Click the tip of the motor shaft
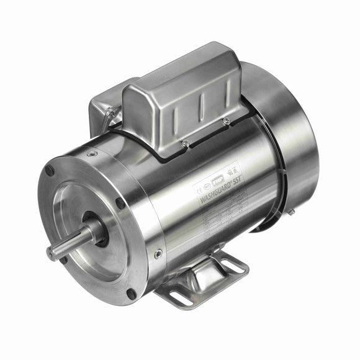(x=50, y=253)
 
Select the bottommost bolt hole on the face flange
(x=131, y=294)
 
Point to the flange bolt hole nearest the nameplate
(x=120, y=202)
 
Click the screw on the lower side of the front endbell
(x=158, y=253)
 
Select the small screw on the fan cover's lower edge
(x=290, y=212)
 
